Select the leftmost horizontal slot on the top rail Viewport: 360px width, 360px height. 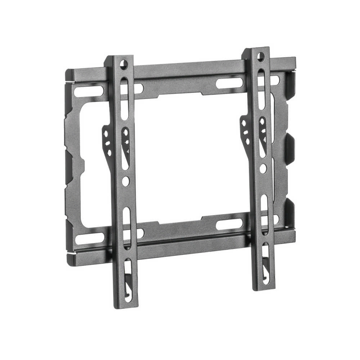point(88,90)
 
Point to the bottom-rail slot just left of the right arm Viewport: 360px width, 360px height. point(229,224)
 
